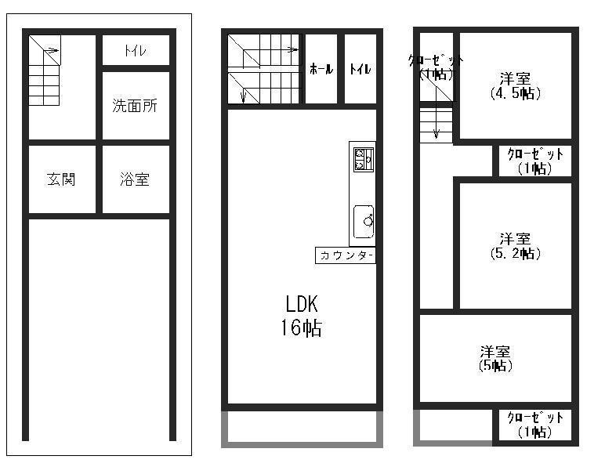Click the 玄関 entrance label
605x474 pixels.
61,179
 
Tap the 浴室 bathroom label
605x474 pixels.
135,179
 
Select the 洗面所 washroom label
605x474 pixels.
135,106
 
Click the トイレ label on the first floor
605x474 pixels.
135,51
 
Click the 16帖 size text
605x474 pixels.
301,328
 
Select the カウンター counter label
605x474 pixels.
345,255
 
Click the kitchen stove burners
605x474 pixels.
363,158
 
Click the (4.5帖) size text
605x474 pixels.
516,92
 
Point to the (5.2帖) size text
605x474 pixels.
516,253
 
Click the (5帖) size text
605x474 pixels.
495,365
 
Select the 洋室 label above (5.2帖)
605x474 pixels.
516,238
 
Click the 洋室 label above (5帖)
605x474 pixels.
496,351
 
